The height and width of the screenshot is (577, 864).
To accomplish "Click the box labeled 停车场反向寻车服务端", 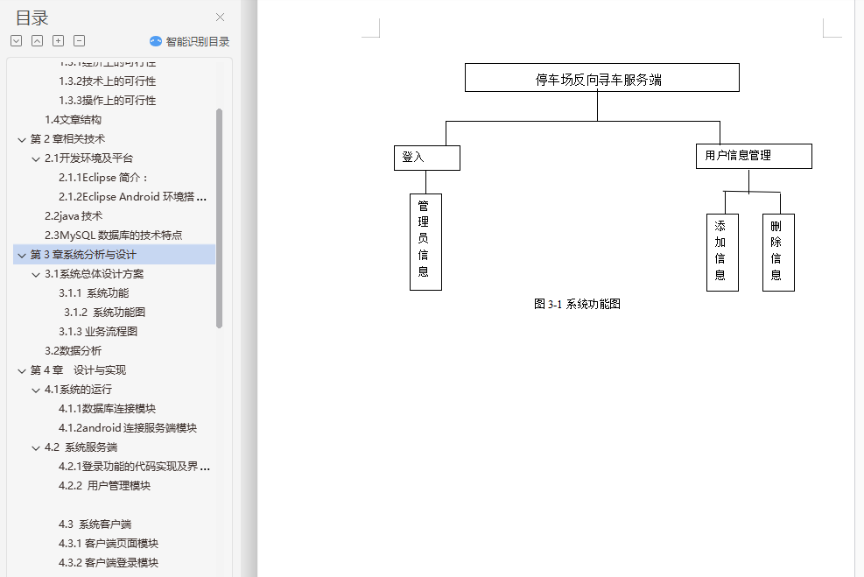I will (x=601, y=78).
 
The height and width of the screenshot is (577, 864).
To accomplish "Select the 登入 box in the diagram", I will (x=426, y=158).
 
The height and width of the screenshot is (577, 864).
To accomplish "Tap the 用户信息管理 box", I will (x=753, y=156).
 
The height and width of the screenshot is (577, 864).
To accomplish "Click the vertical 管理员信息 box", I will (x=425, y=242).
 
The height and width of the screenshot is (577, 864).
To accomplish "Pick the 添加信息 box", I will (x=721, y=252).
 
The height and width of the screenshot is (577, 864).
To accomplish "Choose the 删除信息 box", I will (x=777, y=252).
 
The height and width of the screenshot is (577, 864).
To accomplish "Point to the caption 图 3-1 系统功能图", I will (x=577, y=304).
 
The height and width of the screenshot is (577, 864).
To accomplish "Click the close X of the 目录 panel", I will (x=220, y=17).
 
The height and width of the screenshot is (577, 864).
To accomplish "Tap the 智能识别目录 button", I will (x=190, y=41).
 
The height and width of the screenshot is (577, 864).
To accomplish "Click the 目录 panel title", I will (x=32, y=18).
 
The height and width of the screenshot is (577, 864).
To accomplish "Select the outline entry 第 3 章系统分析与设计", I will (x=83, y=255).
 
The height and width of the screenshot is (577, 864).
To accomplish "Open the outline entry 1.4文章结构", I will (x=73, y=120).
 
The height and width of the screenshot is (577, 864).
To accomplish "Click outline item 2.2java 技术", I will (x=74, y=216).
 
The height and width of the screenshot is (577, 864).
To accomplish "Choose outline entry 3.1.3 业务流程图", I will (x=98, y=332).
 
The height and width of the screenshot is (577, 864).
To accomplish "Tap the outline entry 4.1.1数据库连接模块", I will (x=107, y=409).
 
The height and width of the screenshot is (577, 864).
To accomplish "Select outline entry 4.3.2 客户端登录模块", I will (x=109, y=563).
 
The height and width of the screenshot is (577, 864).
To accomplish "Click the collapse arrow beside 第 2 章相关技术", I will (x=21, y=139).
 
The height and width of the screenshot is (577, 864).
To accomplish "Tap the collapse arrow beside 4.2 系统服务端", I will (x=36, y=447).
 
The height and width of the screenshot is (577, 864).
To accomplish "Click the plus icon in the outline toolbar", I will (x=58, y=41).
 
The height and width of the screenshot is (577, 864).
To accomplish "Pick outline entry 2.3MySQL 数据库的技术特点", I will (x=114, y=236).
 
